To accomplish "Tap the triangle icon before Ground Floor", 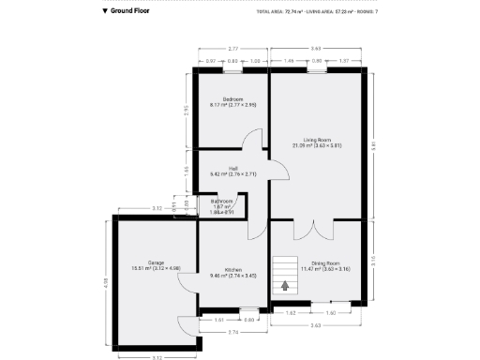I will [x=105, y=11].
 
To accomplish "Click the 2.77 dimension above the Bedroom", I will [x=232, y=47].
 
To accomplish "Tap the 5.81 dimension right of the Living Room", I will [x=373, y=144].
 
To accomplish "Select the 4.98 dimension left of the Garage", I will [x=105, y=282].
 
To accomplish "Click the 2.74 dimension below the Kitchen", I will [x=232, y=332].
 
